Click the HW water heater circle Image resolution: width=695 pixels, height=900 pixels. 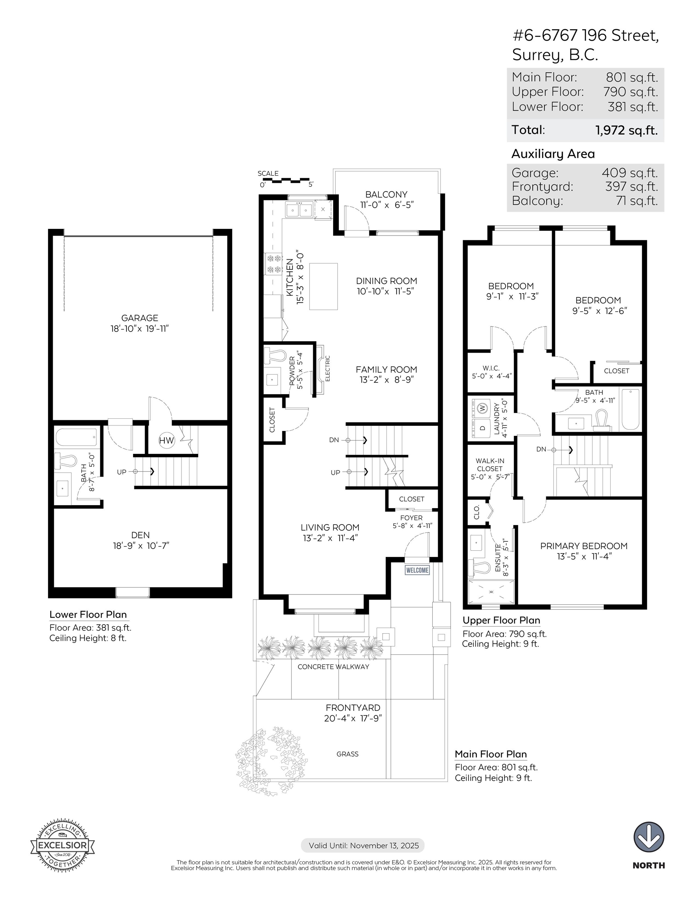pyautogui.click(x=166, y=441)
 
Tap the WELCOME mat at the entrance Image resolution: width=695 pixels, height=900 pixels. pyautogui.click(x=417, y=570)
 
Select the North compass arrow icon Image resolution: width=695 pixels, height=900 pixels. pyautogui.click(x=649, y=837)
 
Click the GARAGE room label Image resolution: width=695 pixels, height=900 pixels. pyautogui.click(x=140, y=318)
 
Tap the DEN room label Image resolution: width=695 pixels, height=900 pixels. pyautogui.click(x=140, y=535)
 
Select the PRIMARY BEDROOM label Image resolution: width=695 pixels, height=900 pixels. pyautogui.click(x=584, y=546)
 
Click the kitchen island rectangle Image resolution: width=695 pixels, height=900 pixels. pyautogui.click(x=323, y=286)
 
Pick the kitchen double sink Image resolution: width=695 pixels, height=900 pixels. pyautogui.click(x=299, y=210)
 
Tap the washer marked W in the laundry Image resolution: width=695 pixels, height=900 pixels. pyautogui.click(x=483, y=408)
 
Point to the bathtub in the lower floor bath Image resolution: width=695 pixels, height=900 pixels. pyautogui.click(x=76, y=437)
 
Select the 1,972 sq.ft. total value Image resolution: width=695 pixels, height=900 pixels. pyautogui.click(x=626, y=130)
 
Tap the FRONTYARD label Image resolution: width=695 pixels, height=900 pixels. pyautogui.click(x=353, y=707)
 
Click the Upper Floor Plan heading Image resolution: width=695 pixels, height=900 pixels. pyautogui.click(x=501, y=621)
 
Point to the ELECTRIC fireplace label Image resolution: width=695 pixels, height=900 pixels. pyautogui.click(x=328, y=368)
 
